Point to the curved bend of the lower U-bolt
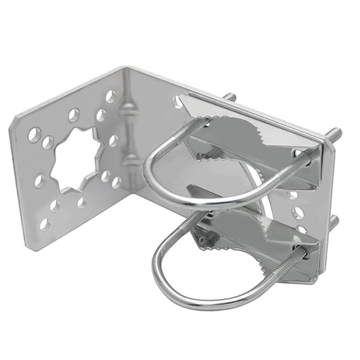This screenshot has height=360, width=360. (x=164, y=274)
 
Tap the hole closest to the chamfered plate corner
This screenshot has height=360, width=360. (x=33, y=134)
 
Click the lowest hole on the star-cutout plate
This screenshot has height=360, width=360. (x=45, y=224)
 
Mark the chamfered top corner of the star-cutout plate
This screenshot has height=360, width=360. (x=18, y=120)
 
